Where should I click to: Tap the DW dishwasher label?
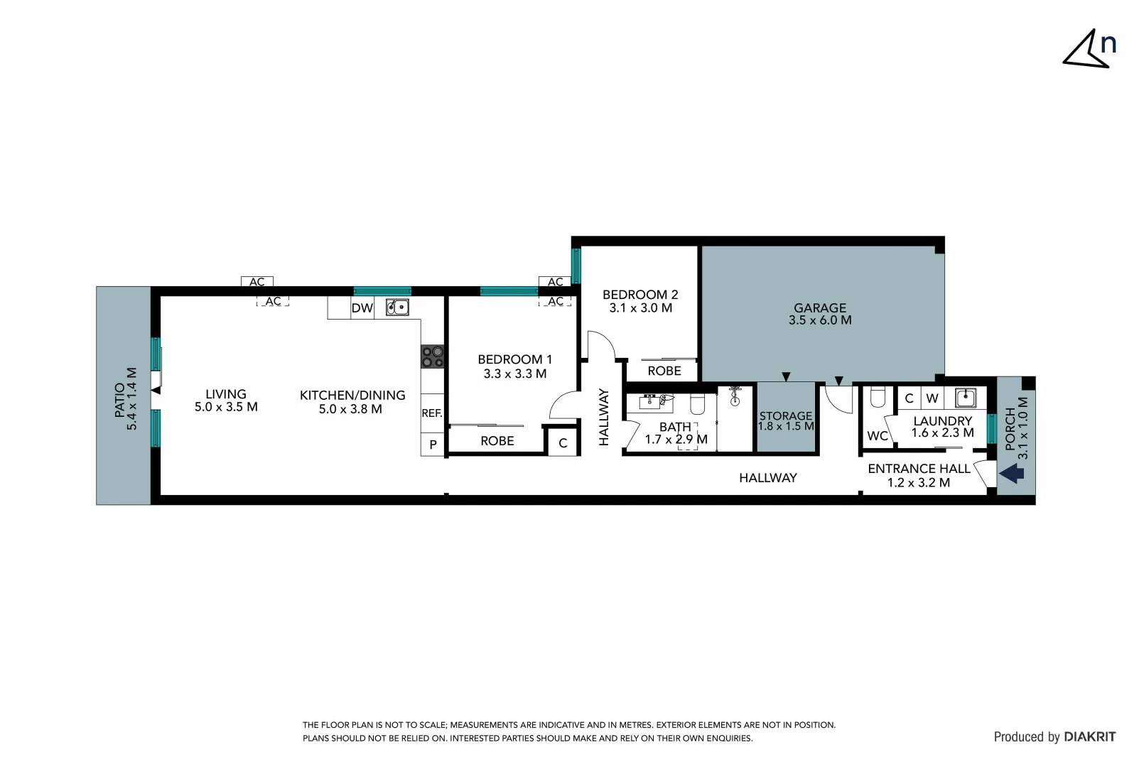click(362, 308)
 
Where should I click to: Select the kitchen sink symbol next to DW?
click(397, 308)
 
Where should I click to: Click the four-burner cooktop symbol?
click(432, 357)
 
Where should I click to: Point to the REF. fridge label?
click(432, 413)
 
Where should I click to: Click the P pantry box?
click(433, 445)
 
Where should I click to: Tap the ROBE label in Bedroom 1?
click(497, 441)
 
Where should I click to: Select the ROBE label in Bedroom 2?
click(664, 371)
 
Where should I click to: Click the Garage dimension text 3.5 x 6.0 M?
click(820, 320)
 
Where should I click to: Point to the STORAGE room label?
click(786, 416)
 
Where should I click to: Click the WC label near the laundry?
click(878, 436)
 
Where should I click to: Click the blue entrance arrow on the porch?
click(1013, 472)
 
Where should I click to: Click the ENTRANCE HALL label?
click(919, 469)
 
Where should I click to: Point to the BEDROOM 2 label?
click(640, 295)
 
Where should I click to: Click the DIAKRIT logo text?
click(1090, 737)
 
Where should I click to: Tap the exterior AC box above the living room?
click(257, 282)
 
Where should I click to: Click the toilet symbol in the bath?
click(697, 404)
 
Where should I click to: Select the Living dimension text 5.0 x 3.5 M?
click(226, 407)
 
